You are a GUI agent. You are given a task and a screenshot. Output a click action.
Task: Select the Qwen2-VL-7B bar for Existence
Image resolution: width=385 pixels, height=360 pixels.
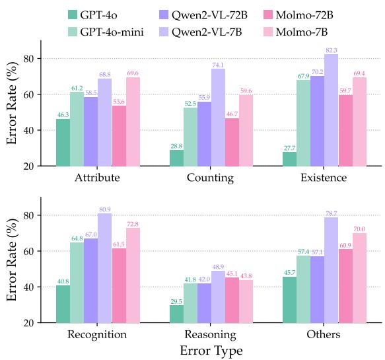330,110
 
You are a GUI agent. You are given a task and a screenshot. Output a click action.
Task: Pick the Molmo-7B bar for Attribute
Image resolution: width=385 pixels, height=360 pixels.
133,122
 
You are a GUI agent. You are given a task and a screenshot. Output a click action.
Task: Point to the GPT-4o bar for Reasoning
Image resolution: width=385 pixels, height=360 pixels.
176,314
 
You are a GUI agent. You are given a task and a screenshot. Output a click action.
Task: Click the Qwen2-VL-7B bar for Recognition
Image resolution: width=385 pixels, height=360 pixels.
105,268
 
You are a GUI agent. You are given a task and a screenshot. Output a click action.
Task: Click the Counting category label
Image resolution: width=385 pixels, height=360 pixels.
211,178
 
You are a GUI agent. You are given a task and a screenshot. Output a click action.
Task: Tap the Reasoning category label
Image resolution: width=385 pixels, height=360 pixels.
211,335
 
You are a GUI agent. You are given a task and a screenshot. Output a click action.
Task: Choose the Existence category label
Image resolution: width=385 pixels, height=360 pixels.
324,178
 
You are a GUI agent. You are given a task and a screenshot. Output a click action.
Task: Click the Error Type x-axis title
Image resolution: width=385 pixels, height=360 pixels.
211,351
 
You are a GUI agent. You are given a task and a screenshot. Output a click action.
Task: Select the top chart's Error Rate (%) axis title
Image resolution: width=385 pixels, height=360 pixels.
12,103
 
